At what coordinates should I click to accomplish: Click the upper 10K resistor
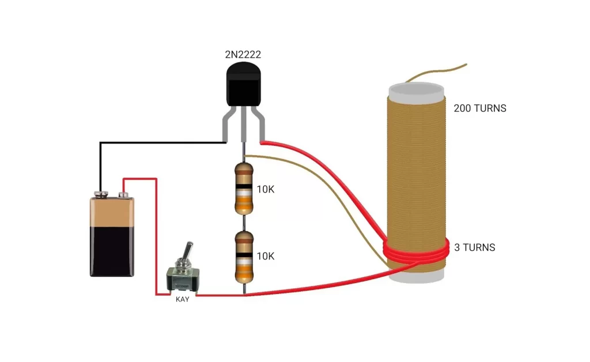(x=244, y=188)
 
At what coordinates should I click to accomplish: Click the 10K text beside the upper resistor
(x=266, y=188)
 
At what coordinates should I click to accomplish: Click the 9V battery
(x=112, y=236)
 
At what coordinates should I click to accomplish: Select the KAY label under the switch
(x=182, y=300)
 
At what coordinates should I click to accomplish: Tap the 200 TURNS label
(x=479, y=108)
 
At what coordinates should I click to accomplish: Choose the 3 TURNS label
(x=475, y=248)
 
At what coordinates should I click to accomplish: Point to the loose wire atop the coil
(x=438, y=73)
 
